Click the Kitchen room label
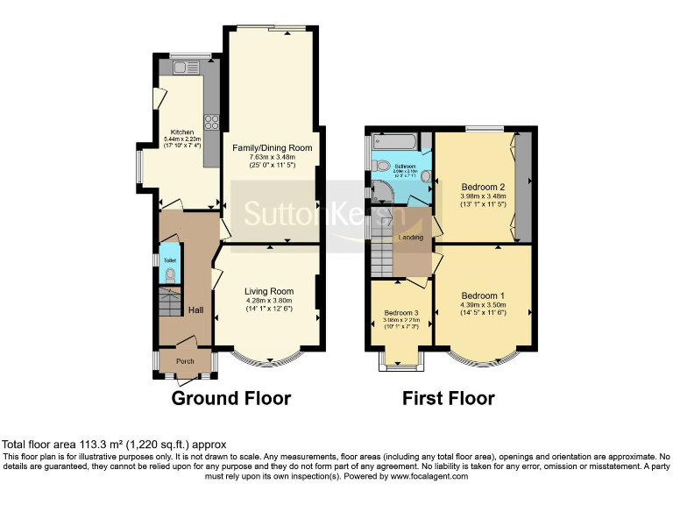tap(181, 132)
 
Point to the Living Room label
tap(269, 291)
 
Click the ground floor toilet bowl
tap(170, 276)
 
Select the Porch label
tap(185, 361)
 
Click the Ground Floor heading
tap(230, 399)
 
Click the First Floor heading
tap(448, 399)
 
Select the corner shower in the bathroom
tap(382, 191)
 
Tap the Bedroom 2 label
tap(483, 187)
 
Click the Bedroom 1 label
tap(483, 295)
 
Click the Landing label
tap(411, 238)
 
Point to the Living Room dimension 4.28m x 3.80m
tap(269, 302)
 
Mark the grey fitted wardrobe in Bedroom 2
tap(523, 187)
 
